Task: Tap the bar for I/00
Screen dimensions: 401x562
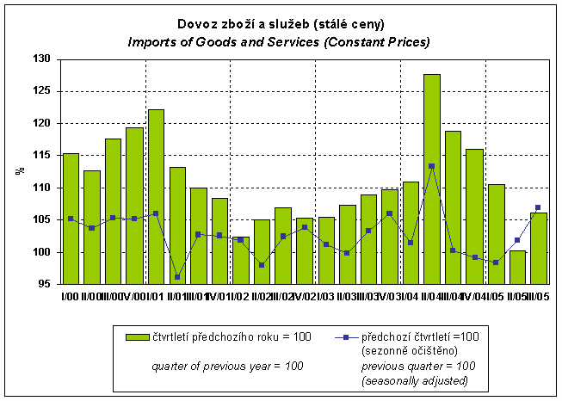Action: coord(71,219)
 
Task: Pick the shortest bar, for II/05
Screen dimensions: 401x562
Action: coord(516,267)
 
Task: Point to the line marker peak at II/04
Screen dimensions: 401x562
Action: coord(432,166)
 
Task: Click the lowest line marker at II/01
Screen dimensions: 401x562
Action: coord(177,277)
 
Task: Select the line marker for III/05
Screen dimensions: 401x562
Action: coord(538,207)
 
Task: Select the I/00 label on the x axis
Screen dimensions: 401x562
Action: coord(67,296)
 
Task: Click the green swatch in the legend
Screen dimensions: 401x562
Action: coord(138,336)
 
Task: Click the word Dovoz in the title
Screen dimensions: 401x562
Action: coord(198,24)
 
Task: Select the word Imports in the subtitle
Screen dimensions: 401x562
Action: coord(152,41)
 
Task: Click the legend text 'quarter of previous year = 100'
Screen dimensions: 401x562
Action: coord(227,366)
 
